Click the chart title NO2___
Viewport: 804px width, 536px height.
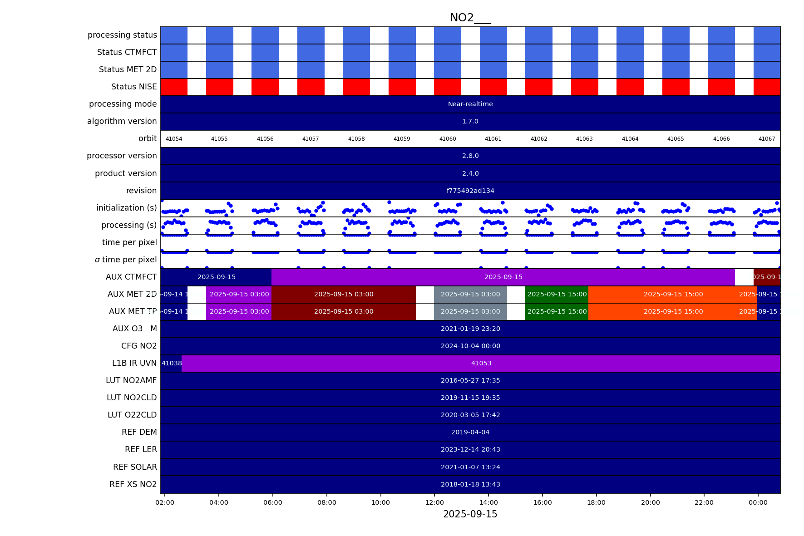point(470,18)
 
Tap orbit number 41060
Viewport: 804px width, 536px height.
point(448,139)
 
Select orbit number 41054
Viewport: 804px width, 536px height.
point(174,139)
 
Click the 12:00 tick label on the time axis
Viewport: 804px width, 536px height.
point(434,502)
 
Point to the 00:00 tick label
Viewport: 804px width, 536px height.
point(758,502)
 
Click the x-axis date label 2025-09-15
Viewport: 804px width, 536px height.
point(470,514)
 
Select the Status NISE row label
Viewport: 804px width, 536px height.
point(134,87)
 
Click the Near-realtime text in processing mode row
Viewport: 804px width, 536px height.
point(470,104)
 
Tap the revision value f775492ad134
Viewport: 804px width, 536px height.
point(470,191)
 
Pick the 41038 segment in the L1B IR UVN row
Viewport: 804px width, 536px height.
point(171,363)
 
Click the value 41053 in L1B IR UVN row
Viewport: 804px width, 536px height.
point(481,363)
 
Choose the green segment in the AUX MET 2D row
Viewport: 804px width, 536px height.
point(557,294)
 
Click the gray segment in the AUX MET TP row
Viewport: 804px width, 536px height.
point(470,311)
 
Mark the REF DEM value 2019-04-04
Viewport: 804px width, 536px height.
point(470,432)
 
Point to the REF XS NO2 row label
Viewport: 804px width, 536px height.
point(133,484)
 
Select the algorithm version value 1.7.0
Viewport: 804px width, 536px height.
point(470,121)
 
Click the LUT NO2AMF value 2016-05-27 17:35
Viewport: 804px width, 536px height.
point(470,380)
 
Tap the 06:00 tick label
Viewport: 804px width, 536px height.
point(273,502)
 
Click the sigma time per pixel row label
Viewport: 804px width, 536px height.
point(126,260)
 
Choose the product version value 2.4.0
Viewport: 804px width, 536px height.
point(470,173)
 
